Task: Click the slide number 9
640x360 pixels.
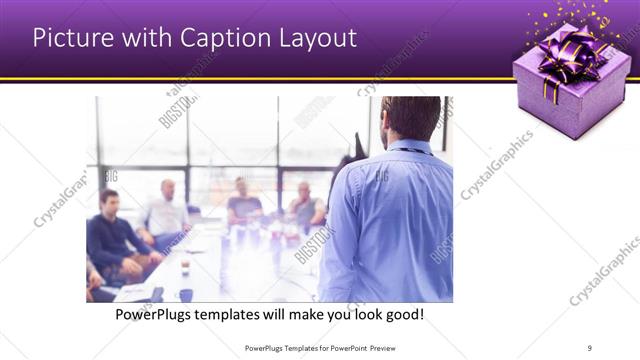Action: pos(590,347)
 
